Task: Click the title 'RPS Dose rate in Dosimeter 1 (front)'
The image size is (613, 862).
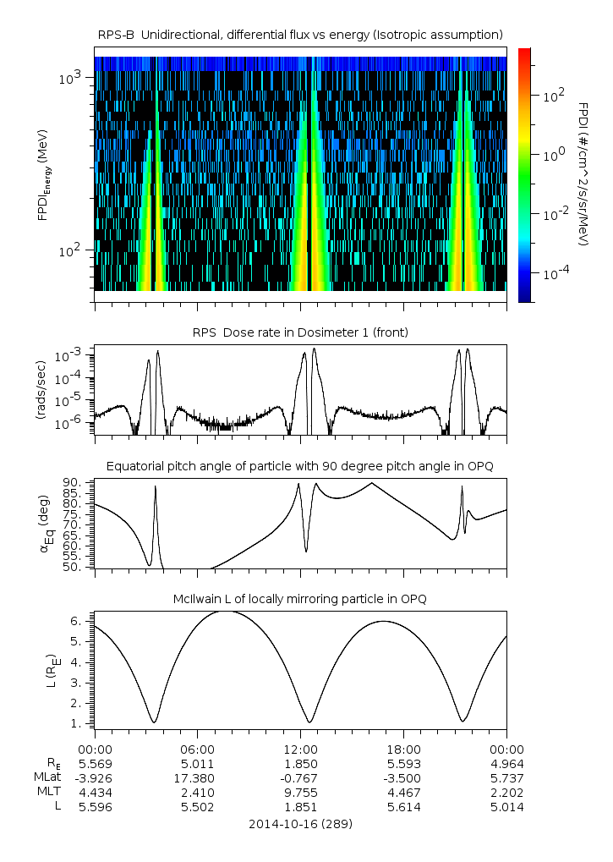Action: [300, 332]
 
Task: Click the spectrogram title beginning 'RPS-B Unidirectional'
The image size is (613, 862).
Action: [300, 34]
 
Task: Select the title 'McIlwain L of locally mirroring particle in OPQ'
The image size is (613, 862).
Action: [300, 599]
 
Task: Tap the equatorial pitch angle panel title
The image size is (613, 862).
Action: [300, 466]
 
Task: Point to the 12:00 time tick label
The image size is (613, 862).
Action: [300, 749]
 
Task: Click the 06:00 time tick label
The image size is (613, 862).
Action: [197, 749]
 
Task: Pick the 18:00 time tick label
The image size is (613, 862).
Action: [403, 749]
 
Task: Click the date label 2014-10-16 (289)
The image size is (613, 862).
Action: [300, 823]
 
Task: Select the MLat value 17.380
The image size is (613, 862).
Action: [197, 777]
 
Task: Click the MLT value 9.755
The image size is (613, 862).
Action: [300, 793]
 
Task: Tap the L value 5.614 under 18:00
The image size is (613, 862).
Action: [403, 807]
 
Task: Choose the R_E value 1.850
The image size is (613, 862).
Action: [300, 764]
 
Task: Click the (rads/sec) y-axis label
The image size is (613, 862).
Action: [41, 390]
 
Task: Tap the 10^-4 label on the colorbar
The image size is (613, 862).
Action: [555, 275]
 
